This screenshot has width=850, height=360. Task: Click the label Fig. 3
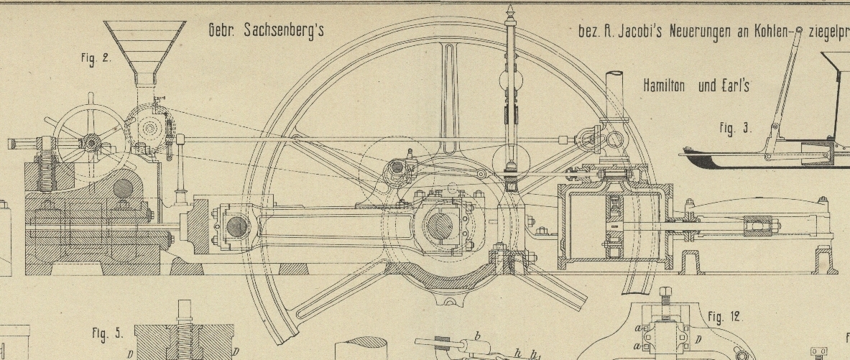pyautogui.click(x=735, y=129)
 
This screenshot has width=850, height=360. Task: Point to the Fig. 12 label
pyautogui.click(x=724, y=317)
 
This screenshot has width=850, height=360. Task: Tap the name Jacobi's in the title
pyautogui.click(x=636, y=32)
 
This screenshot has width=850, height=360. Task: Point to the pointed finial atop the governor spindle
pyautogui.click(x=511, y=13)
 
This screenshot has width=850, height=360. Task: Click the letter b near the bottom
pyautogui.click(x=476, y=336)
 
